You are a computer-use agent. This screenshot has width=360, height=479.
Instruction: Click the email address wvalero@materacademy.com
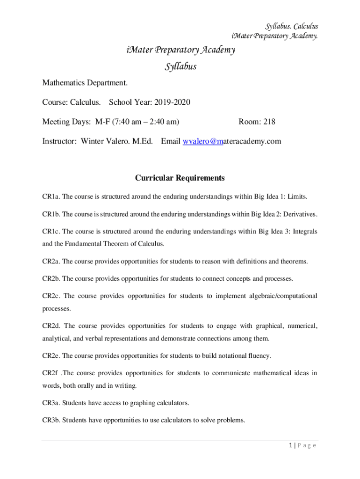pyautogui.click(x=232, y=141)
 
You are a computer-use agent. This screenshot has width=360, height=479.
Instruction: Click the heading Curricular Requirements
pyautogui.click(x=180, y=178)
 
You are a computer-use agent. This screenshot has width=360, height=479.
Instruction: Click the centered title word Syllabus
pyautogui.click(x=180, y=66)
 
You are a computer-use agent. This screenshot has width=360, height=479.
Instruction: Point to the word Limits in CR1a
pyautogui.click(x=297, y=196)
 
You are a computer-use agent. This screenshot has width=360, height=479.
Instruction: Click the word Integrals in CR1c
pyautogui.click(x=305, y=232)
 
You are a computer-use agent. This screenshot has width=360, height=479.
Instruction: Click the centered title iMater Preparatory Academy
pyautogui.click(x=180, y=50)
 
